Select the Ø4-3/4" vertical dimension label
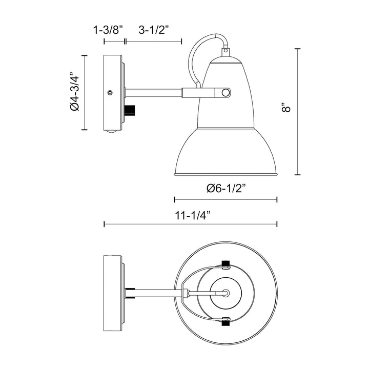coord(74,93)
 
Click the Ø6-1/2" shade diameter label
coord(227,188)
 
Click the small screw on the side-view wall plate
coord(110,93)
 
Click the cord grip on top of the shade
coord(225,51)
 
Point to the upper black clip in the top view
coord(224,265)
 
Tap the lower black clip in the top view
coord(224,321)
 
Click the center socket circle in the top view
coord(225,293)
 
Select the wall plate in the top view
coord(112,293)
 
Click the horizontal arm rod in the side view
coord(154,93)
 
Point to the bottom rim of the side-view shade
coord(226,174)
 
